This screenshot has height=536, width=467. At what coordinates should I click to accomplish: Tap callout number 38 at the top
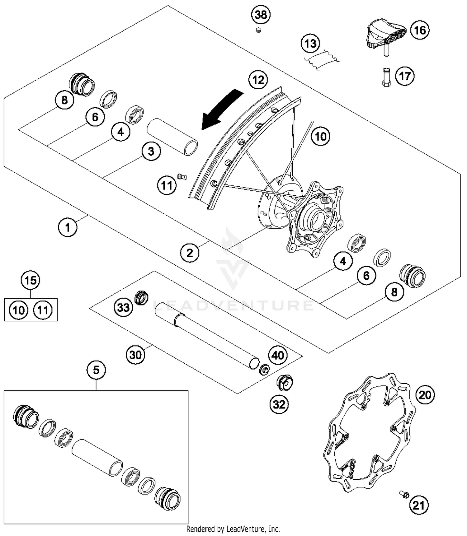point(261,15)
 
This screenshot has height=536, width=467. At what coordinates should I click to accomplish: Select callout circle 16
point(420,30)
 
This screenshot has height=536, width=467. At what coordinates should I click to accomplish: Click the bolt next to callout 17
point(386,77)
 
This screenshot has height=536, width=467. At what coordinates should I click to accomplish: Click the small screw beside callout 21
point(404,494)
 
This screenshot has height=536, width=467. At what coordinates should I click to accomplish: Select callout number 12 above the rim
point(258,80)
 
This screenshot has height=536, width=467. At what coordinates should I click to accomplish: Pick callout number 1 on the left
point(68,227)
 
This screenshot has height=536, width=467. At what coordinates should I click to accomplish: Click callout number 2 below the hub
point(190,253)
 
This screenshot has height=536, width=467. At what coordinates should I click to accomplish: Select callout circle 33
point(123,307)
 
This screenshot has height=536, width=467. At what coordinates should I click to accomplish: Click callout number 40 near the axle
point(278,355)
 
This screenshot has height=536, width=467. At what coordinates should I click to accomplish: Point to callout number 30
point(136,354)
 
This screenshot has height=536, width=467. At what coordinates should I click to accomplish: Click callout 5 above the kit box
point(96,370)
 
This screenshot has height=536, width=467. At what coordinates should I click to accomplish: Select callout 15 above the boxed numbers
point(31,280)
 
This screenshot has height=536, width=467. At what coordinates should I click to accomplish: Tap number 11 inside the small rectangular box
point(43,310)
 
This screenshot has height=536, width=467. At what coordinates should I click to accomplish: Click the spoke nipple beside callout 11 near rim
point(182,177)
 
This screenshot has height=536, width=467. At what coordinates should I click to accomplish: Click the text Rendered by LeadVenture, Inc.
point(233,529)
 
